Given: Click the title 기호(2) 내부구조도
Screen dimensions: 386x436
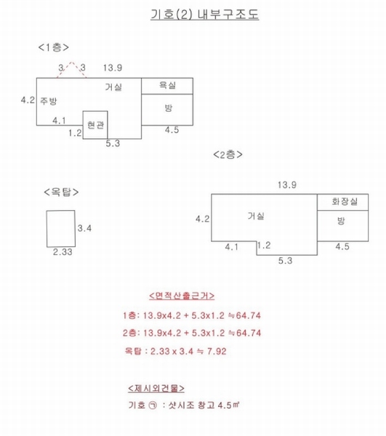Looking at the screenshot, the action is click(205, 15).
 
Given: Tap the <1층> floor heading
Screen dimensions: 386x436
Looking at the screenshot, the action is click(53, 47).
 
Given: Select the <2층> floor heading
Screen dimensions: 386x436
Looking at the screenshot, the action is click(228, 154).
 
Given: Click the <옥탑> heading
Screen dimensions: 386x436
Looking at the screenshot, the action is click(61, 192).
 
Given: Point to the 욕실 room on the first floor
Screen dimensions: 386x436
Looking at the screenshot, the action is click(167, 86).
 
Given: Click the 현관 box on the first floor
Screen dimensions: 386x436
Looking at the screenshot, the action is click(95, 125).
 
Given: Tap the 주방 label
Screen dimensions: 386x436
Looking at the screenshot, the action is click(49, 101).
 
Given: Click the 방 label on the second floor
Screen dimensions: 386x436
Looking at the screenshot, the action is click(341, 221).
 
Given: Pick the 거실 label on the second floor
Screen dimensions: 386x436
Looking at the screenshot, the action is click(256, 216).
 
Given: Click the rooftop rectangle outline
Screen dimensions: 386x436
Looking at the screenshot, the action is click(47, 229).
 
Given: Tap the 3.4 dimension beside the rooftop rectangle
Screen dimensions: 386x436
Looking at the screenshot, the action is click(84, 228).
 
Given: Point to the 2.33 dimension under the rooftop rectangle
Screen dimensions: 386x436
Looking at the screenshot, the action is click(63, 252).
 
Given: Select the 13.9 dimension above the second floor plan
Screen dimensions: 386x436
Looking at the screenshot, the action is click(287, 185).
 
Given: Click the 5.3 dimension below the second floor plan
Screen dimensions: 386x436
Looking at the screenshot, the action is click(286, 261).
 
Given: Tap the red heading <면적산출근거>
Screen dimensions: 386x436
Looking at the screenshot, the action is click(182, 296).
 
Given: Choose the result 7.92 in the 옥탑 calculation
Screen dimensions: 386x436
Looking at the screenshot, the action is click(217, 351).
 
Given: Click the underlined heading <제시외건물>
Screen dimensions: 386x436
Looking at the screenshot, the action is click(156, 388).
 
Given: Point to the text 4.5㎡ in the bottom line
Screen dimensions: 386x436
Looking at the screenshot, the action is click(228, 405).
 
